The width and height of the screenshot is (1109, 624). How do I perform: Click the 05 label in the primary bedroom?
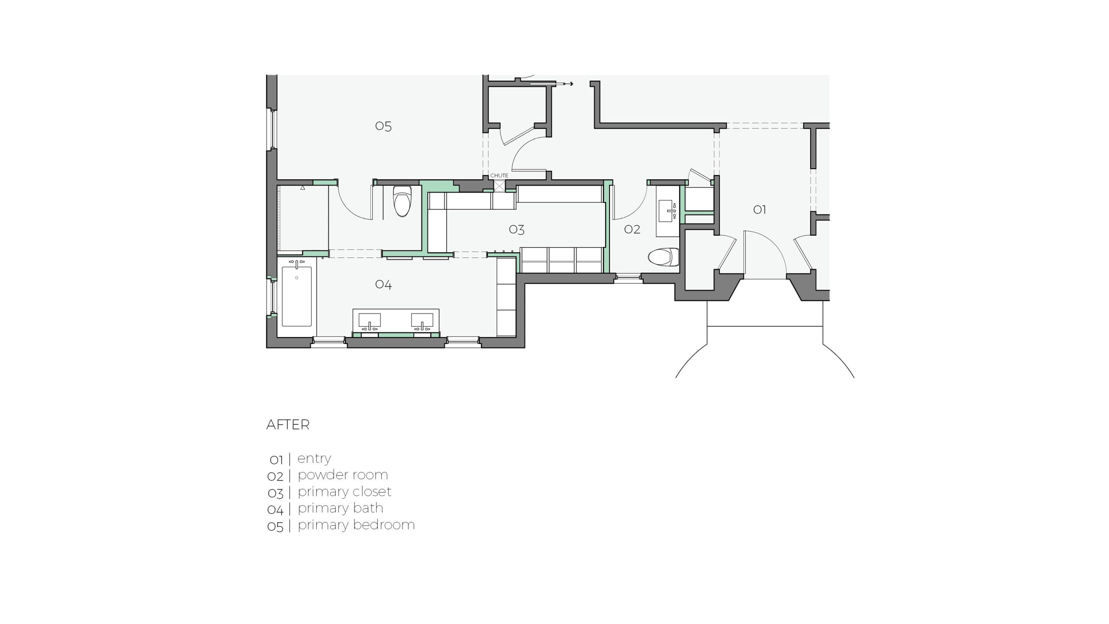coord(383,126)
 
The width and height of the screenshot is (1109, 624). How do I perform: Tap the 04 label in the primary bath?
coord(383,284)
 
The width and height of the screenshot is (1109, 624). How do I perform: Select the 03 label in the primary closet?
coord(516,229)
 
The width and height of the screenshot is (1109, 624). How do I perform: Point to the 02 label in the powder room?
coord(632,229)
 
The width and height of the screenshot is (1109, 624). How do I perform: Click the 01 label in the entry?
coord(759,210)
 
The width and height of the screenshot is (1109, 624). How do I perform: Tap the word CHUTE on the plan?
coord(499,175)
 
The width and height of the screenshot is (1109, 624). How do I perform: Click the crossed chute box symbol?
coord(499,186)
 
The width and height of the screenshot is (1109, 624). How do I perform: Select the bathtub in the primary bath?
coord(297,296)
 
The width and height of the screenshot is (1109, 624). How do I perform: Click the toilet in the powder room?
coord(663,257)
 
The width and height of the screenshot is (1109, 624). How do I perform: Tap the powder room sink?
coord(667,211)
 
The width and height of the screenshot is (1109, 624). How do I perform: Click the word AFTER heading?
coord(288,425)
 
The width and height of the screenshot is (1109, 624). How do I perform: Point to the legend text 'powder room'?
coord(343,475)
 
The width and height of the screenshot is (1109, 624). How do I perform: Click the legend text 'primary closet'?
coord(344,492)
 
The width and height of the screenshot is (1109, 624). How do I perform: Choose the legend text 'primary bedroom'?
coord(356,525)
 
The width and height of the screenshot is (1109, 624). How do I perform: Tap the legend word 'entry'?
coord(315,458)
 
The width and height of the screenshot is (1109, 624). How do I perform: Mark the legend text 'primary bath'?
coord(340,508)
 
